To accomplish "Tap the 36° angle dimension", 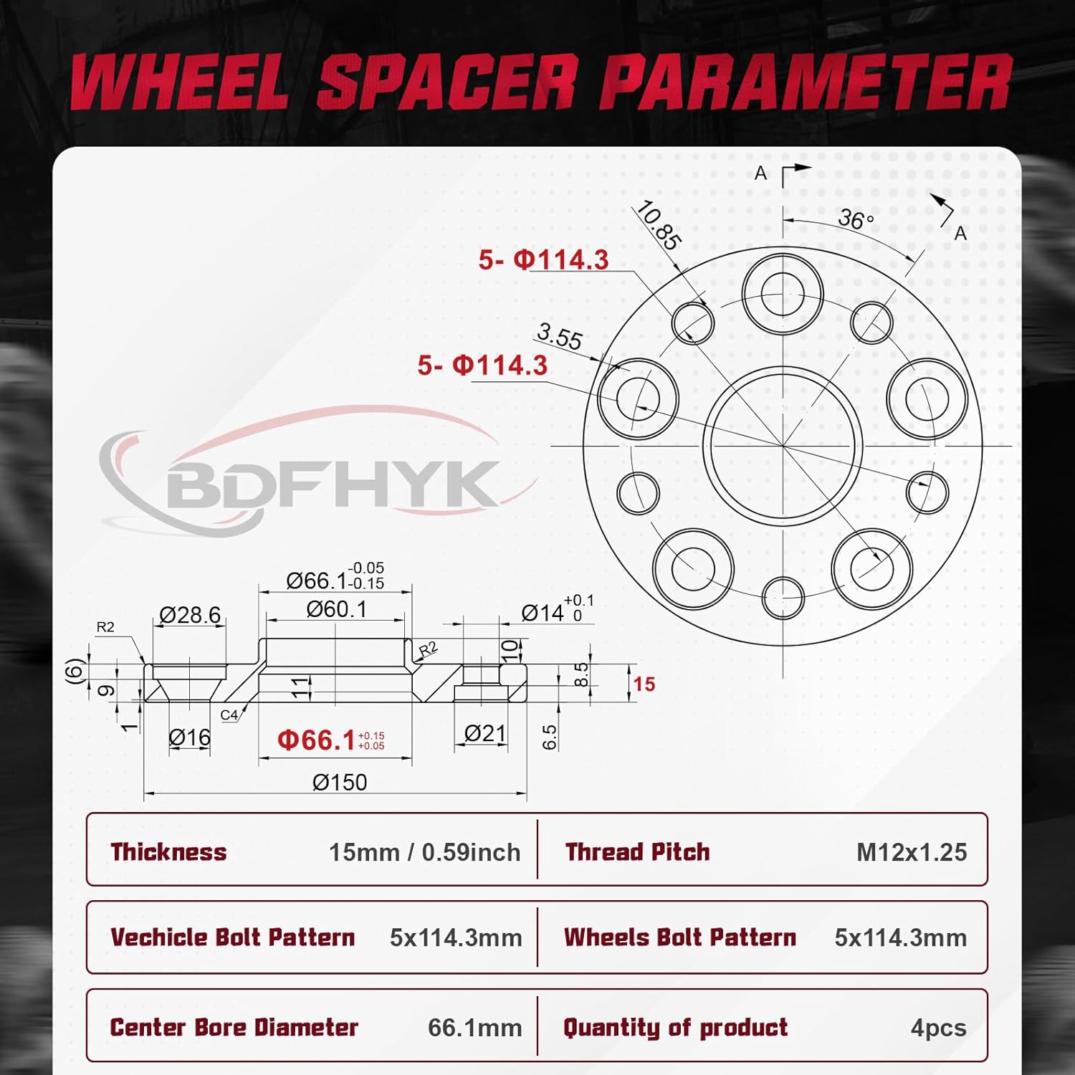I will [856, 218].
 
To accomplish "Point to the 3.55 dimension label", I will [560, 336].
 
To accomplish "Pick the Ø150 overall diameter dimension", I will [340, 782].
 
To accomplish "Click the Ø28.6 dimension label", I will [190, 615].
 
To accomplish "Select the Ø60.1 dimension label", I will [336, 609].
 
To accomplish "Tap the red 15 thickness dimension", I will [644, 684].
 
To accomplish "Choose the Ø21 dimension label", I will [484, 733].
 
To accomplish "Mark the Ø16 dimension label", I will [189, 737].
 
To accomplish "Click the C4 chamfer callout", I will [229, 715].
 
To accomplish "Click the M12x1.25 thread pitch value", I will [912, 852].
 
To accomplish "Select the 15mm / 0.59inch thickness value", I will [424, 852].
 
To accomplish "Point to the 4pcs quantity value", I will [938, 1028].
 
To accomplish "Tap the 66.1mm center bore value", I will [474, 1028].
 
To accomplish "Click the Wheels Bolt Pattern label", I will [679, 937].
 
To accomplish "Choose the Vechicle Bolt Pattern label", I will [232, 937].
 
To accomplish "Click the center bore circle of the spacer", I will [783, 446].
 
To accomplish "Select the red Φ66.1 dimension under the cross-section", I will [316, 740].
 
